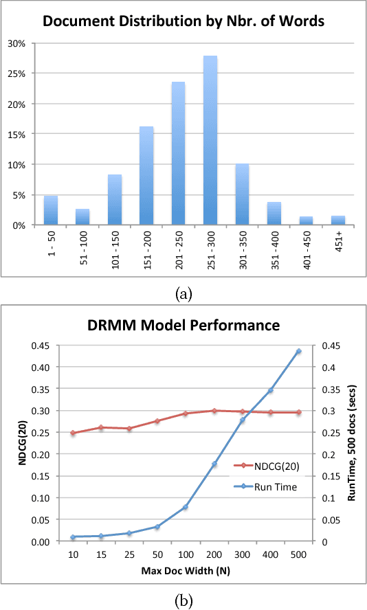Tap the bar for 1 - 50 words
[51, 210]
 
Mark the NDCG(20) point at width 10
[73, 433]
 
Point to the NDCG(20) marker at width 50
[157, 421]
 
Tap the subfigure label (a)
[183, 294]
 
